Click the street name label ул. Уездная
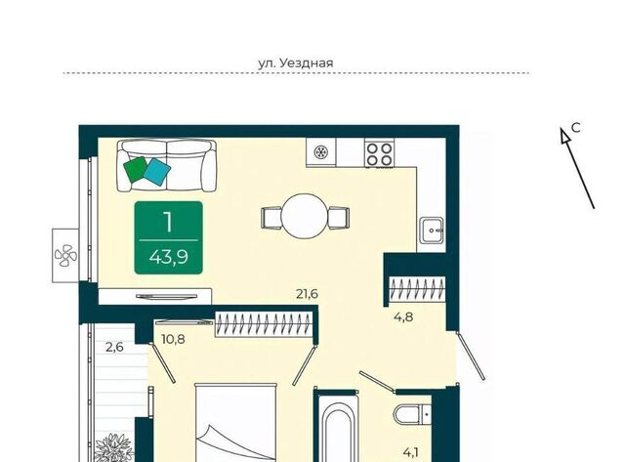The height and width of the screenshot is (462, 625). point(295,63)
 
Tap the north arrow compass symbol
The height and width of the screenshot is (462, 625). point(577,168)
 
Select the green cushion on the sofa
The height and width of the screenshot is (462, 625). point(136,169)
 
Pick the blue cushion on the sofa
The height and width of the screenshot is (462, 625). point(157,172)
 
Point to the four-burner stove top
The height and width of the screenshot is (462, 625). point(379,154)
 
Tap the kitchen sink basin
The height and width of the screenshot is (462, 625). point(432,230)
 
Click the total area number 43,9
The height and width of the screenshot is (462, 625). point(169,258)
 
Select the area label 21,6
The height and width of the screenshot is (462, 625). point(307,294)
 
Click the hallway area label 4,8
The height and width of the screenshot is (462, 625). point(403,317)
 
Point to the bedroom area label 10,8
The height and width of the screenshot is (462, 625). point(173,340)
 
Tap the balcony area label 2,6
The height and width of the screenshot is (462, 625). point(114,347)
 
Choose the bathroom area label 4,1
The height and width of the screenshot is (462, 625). point(411,453)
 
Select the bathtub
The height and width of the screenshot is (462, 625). point(337,431)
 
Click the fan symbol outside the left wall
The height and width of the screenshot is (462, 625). point(65,256)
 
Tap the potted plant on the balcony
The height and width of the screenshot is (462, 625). point(114,447)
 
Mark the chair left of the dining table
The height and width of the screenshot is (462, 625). point(271,218)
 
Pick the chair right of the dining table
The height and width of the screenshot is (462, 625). point(339,218)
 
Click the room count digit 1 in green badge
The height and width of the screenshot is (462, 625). point(168,223)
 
